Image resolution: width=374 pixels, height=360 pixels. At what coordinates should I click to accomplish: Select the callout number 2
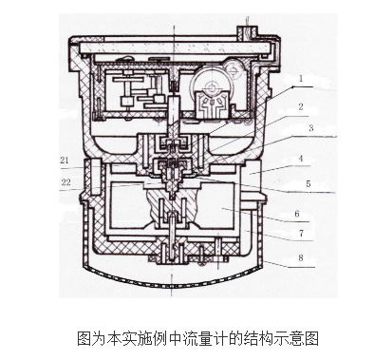(300, 107)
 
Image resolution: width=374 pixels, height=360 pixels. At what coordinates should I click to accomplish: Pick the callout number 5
(308, 182)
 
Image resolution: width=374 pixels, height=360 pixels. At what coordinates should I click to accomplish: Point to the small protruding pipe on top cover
(249, 27)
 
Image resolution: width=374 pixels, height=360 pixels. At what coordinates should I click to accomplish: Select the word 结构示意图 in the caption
(278, 336)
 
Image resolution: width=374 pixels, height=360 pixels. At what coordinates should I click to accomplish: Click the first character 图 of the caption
(82, 336)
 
